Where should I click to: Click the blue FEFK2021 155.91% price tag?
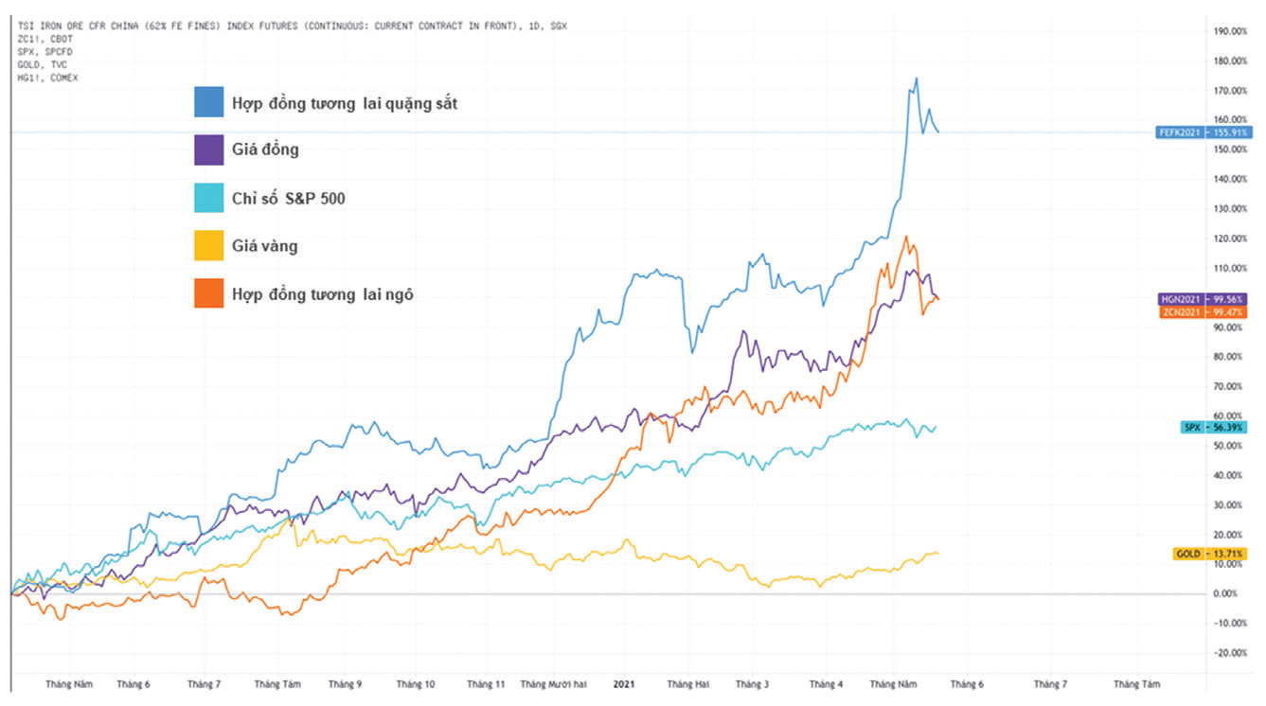(1201, 132)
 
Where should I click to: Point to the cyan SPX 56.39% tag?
(1213, 428)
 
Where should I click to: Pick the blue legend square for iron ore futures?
(209, 102)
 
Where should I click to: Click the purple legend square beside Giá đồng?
(209, 150)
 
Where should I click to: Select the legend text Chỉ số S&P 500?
(288, 199)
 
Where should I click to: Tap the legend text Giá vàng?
(264, 246)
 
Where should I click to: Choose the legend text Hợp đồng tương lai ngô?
(322, 294)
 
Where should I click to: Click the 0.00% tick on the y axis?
(1226, 593)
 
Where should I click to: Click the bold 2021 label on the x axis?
(623, 682)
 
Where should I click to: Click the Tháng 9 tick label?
(345, 683)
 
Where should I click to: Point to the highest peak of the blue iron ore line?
(916, 79)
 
